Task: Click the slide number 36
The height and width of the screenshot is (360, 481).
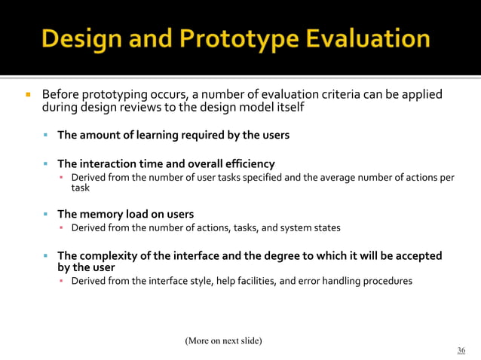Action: tap(461, 350)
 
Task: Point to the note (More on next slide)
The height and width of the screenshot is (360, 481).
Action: tap(223, 340)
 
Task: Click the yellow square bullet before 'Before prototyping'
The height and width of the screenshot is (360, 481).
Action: tap(28, 96)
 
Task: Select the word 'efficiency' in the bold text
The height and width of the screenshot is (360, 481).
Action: tap(247, 163)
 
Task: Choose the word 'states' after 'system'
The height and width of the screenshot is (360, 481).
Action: tap(324, 227)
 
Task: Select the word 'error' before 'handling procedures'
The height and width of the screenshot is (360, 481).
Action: tap(292, 281)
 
